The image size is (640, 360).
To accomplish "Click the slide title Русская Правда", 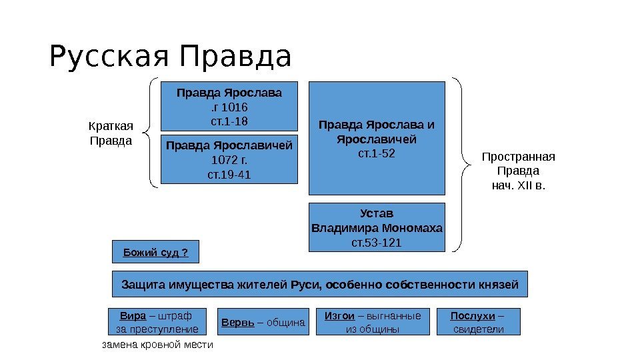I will coord(170,57).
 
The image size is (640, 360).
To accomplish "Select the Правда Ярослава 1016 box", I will coord(229,106).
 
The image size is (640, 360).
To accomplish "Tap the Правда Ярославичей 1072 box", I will coord(229,159).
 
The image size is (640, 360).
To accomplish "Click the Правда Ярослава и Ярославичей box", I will coord(377,137).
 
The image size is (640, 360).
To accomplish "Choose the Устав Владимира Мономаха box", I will coord(377,227).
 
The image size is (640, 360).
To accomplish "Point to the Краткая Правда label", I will coord(111,133).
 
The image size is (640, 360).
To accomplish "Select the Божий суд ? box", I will coord(155,252).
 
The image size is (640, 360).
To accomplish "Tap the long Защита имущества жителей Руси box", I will coord(319,284).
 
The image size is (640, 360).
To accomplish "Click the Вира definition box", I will coord(157,322).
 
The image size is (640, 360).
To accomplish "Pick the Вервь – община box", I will coord(262,323).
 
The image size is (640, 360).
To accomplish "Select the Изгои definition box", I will coord(373,322).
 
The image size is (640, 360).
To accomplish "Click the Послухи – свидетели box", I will coord(477,322).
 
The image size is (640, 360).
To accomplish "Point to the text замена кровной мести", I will coord(157,345).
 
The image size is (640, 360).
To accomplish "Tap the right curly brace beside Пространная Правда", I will coord(459,164).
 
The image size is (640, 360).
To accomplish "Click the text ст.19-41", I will coord(229,175).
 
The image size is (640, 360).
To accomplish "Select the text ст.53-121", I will coord(377,242).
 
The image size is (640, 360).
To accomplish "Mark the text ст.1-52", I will coord(377,154).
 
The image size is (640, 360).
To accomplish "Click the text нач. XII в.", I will coord(518,185).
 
